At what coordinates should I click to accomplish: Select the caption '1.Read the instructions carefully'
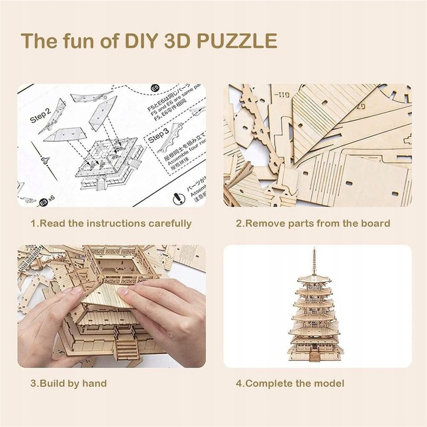111,224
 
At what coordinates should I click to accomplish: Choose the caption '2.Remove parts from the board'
313,224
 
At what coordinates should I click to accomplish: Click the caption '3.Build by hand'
69,383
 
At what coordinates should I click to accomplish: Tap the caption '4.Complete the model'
290,383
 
